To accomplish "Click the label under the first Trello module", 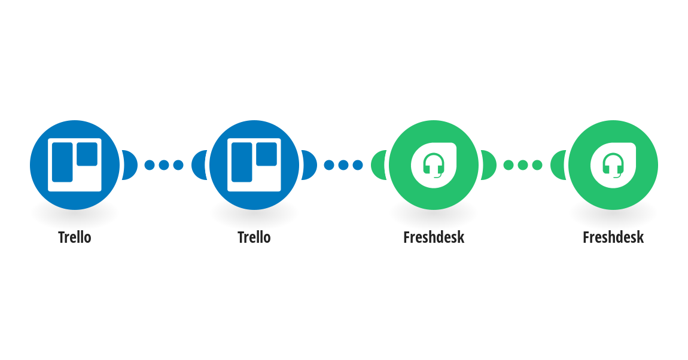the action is pyautogui.click(x=75, y=237).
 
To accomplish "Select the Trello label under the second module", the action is pyautogui.click(x=254, y=237).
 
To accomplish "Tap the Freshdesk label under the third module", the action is pyautogui.click(x=434, y=237).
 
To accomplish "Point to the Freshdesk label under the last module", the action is pyautogui.click(x=613, y=237).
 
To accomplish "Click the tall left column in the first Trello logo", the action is pyautogui.click(x=62, y=162).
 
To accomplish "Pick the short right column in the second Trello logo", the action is pyautogui.click(x=266, y=154).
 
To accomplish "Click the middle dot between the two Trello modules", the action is pyautogui.click(x=164, y=165).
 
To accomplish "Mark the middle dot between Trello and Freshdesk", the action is pyautogui.click(x=343, y=165).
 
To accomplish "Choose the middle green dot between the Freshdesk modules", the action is pyautogui.click(x=523, y=165).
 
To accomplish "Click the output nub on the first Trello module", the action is pyautogui.click(x=130, y=165).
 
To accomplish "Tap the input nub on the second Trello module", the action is pyautogui.click(x=199, y=165).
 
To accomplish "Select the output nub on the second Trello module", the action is pyautogui.click(x=309, y=165).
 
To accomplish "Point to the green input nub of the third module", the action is pyautogui.click(x=379, y=165).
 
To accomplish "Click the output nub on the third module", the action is pyautogui.click(x=489, y=165).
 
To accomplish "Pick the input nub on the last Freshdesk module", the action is pyautogui.click(x=558, y=165).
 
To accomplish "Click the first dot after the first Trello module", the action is pyautogui.click(x=150, y=165).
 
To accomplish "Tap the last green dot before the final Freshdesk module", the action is pyautogui.click(x=537, y=165).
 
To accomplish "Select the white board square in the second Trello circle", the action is pyautogui.click(x=254, y=165).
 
